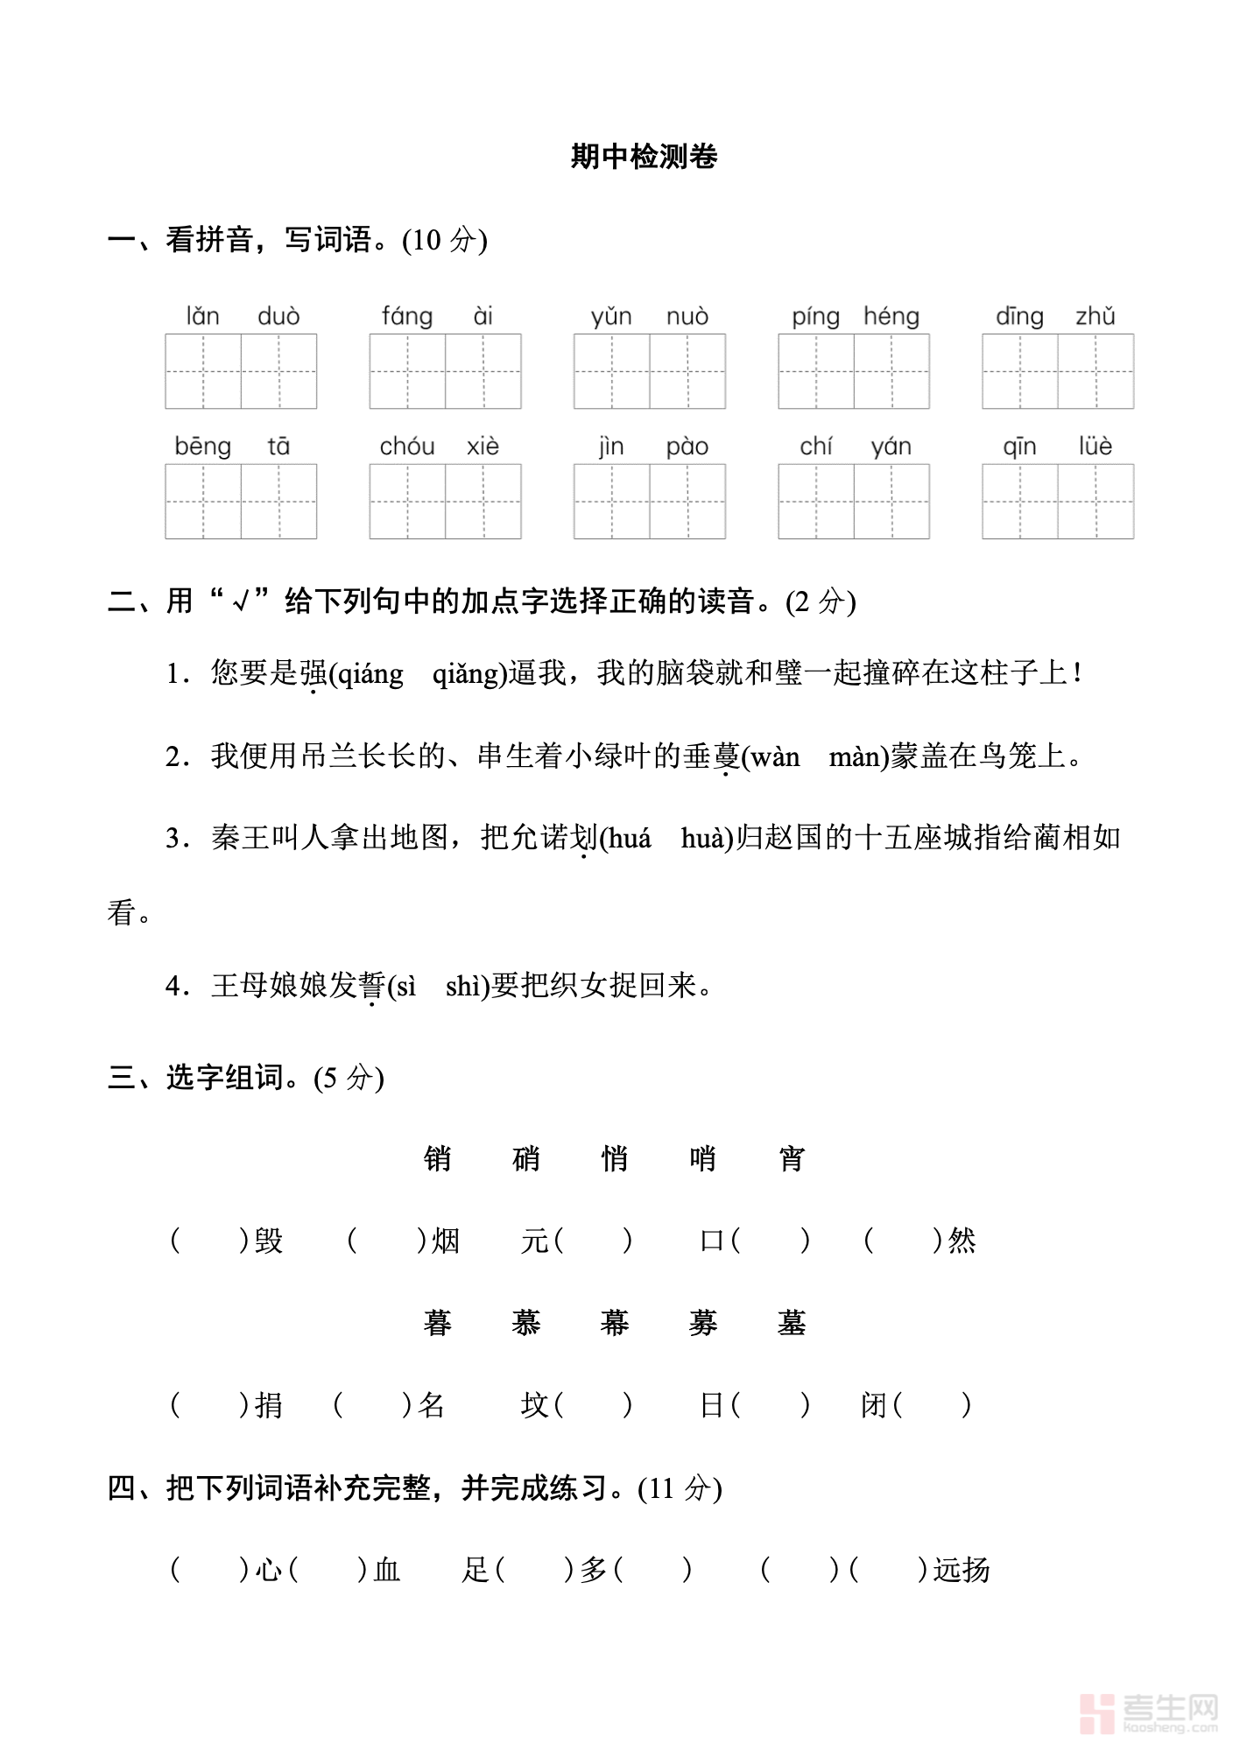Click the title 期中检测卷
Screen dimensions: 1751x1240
click(644, 157)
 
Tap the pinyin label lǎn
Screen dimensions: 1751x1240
click(202, 316)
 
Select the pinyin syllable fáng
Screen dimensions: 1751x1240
click(407, 316)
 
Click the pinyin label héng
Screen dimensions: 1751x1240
click(891, 316)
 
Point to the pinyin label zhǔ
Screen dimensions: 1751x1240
click(1096, 316)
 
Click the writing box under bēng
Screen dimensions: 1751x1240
click(203, 502)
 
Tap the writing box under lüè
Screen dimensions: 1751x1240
click(1096, 502)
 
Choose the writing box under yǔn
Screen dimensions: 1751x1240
click(611, 371)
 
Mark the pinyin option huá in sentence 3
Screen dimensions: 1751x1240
click(630, 839)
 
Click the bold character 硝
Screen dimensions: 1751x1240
click(526, 1159)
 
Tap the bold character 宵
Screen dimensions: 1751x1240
click(792, 1159)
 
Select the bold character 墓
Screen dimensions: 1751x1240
click(792, 1323)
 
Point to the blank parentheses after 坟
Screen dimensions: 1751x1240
click(592, 1405)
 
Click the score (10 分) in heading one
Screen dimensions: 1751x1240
click(444, 241)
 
